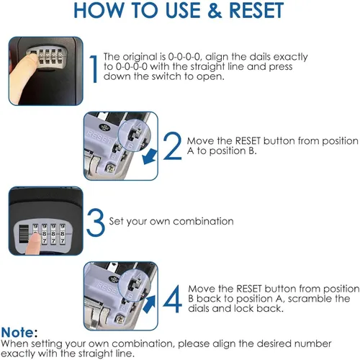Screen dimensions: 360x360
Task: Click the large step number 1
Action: click(94, 69)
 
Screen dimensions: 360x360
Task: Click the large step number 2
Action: click(173, 145)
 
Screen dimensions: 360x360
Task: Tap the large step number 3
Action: click(95, 222)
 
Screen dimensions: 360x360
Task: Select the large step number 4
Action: click(172, 299)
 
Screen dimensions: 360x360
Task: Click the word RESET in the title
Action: click(256, 11)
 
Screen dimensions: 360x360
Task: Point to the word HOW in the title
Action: click(100, 11)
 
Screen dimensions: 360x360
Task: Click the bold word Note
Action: click(17, 333)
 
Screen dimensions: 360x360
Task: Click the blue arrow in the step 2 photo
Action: click(150, 157)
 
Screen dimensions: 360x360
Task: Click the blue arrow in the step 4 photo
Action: click(149, 305)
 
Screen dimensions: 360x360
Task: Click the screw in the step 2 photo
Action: click(111, 168)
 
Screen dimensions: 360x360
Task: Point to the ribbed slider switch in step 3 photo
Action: click(23, 234)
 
